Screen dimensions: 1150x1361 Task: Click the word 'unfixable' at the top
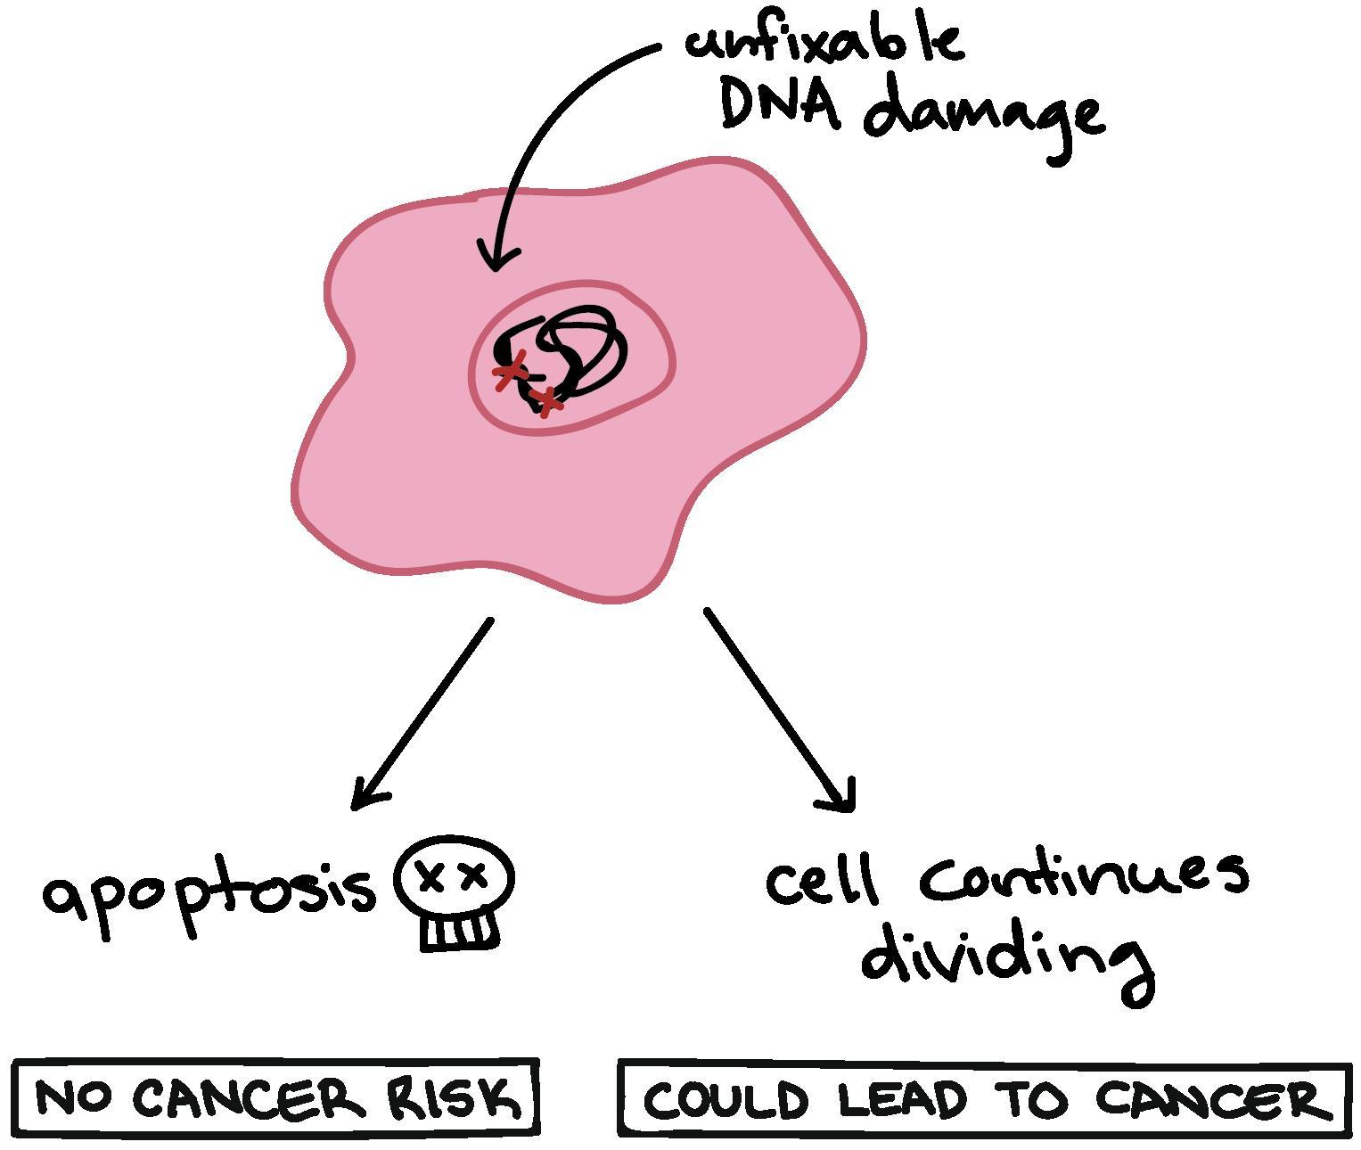tap(824, 40)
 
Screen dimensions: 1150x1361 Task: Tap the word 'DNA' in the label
tap(780, 105)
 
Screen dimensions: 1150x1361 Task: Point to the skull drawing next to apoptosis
tap(455, 892)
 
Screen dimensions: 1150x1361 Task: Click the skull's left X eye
tap(432, 878)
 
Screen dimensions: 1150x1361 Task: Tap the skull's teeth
tap(459, 932)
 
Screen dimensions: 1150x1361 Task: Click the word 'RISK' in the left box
tap(454, 1098)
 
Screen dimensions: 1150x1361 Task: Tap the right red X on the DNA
tap(547, 400)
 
